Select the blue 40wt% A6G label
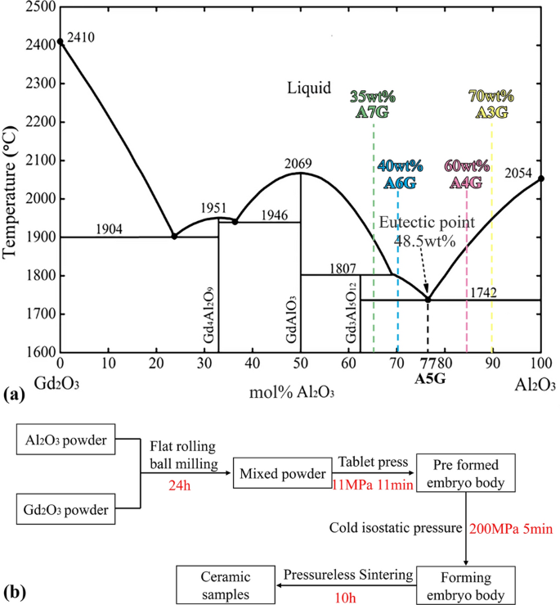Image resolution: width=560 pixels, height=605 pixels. pyautogui.click(x=399, y=174)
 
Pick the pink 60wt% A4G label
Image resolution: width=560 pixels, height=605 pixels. pyautogui.click(x=466, y=174)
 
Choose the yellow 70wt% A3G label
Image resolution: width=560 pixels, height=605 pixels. pyautogui.click(x=491, y=103)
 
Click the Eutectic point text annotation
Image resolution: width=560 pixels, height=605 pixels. pyautogui.click(x=416, y=223)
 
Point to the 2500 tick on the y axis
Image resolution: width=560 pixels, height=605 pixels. pyautogui.click(x=35, y=7)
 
